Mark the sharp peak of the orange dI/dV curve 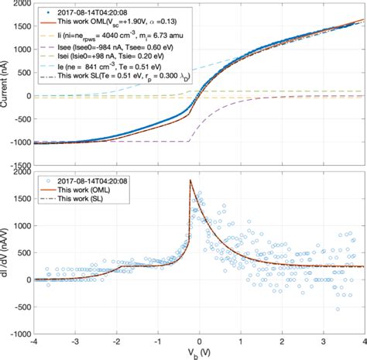coord(190,180)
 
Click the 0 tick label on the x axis coord(200,341)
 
